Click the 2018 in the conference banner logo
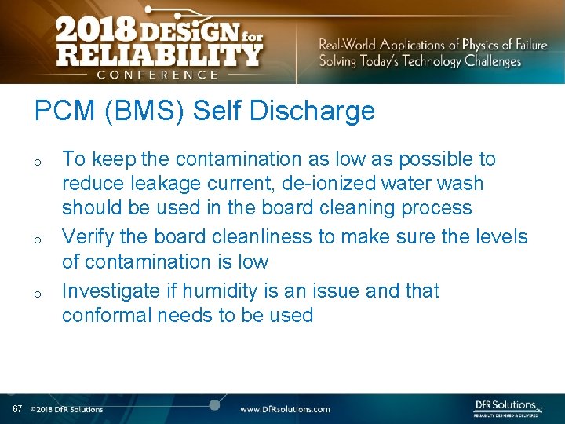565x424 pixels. click(94, 32)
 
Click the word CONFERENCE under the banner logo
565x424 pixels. click(158, 75)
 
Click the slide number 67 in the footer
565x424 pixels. click(17, 409)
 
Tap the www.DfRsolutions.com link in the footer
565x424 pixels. click(285, 409)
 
